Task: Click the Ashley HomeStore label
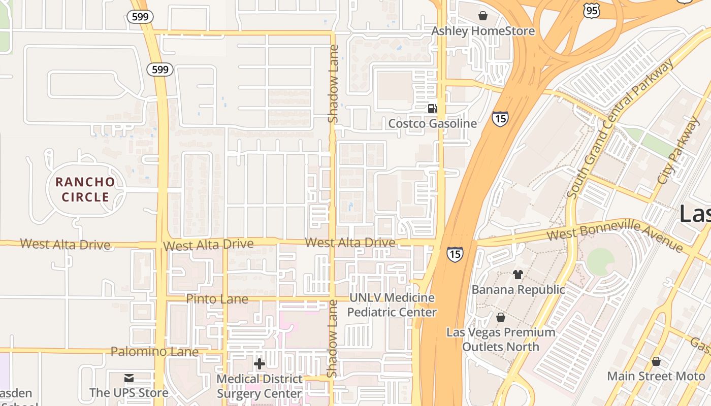pos(482,31)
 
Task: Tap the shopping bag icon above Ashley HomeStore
pos(483,16)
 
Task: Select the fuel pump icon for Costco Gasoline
pos(432,108)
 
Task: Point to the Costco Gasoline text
pos(432,123)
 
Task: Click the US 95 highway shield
pos(592,11)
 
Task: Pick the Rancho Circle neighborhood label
pos(85,189)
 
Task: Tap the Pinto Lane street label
pos(217,298)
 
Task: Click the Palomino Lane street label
pos(154,351)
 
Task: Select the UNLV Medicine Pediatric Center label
pos(392,304)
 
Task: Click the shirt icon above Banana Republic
pos(518,275)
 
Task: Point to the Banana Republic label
pos(518,289)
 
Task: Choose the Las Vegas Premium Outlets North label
pos(501,340)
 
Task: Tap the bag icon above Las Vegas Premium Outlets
pos(501,317)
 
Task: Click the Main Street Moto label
pos(656,376)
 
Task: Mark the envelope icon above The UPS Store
pos(128,378)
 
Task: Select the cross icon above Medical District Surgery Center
pos(260,364)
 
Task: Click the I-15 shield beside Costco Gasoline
pos(500,119)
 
